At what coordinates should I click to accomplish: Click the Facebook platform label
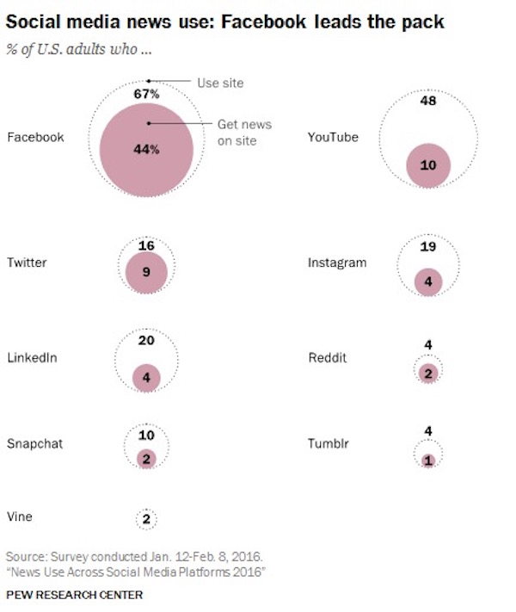pos(35,137)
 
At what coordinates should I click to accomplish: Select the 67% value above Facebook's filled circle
pos(147,93)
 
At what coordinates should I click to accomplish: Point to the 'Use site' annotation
pos(222,83)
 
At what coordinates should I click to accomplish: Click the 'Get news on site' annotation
pos(239,133)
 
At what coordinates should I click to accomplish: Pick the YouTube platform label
pos(333,137)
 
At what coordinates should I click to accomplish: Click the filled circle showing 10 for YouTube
pos(428,164)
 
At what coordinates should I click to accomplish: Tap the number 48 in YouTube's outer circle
pos(427,100)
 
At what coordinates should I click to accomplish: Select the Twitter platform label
pos(27,263)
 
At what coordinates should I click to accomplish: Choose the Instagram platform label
pos(337,263)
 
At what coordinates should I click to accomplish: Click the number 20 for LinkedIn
pos(146,340)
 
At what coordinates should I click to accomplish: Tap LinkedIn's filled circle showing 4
pos(147,377)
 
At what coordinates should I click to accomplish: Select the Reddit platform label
pos(328,357)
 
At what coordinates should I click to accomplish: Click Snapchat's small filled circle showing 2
pos(147,459)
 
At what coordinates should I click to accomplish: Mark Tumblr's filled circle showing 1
pos(428,460)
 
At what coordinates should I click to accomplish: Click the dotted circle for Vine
pos(147,518)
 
